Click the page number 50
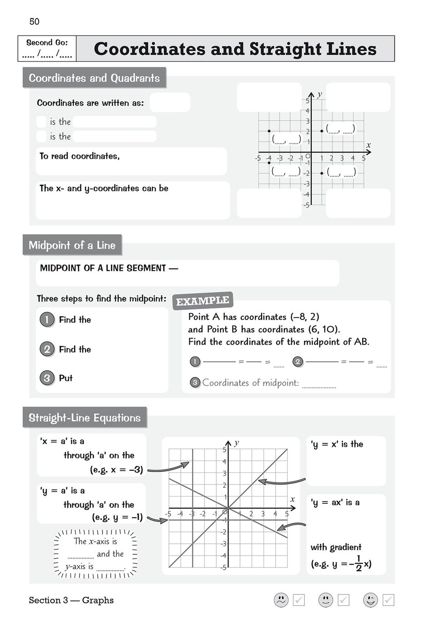coord(34,21)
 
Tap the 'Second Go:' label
coord(47,42)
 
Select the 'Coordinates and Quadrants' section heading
coord(94,78)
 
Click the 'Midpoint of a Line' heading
coord(72,245)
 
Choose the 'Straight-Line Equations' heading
coord(85,418)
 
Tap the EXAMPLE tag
coord(203,301)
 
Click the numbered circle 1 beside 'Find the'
coord(46,320)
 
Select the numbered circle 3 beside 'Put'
coord(46,378)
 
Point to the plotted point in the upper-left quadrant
coord(269,131)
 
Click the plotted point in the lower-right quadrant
coord(322,173)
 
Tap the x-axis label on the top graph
coord(369,145)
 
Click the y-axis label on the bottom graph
coord(237,443)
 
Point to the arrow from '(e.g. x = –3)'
coord(168,468)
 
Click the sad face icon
coord(281,600)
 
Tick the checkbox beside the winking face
coord(388,600)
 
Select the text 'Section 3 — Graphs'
coord(71,600)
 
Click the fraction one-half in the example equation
coord(358,563)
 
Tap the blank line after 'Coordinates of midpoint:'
coord(319,385)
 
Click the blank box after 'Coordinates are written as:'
coord(170,102)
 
